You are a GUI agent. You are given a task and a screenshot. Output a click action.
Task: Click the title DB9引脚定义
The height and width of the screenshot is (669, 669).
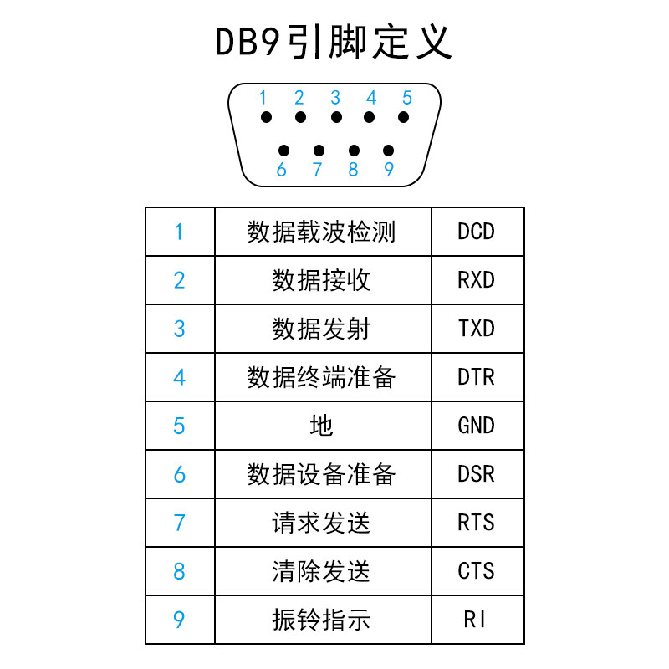(x=334, y=43)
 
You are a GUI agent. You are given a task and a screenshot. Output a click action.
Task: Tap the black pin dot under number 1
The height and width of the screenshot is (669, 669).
(x=265, y=118)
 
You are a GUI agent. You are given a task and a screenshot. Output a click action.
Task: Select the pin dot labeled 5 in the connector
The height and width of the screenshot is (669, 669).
(x=405, y=118)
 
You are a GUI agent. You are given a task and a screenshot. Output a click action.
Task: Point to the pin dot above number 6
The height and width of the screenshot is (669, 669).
(x=283, y=151)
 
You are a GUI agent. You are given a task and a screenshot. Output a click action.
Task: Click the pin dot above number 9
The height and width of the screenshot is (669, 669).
(x=388, y=151)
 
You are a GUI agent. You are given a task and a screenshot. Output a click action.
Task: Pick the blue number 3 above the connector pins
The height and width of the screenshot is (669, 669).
(x=335, y=98)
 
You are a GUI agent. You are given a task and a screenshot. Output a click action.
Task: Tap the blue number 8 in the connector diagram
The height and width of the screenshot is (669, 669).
(x=353, y=170)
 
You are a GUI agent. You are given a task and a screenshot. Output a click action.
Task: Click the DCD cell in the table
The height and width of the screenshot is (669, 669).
(x=477, y=232)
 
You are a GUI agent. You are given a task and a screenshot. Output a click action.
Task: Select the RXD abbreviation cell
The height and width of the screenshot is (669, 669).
(x=477, y=280)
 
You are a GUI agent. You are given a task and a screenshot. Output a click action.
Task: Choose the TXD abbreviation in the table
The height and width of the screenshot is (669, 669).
(x=477, y=329)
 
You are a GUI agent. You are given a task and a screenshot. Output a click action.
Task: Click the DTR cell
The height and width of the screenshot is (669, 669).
(x=477, y=377)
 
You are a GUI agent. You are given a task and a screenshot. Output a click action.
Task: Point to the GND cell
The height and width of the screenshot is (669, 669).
(x=477, y=426)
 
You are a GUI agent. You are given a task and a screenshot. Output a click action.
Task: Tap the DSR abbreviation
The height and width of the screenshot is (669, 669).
(x=477, y=474)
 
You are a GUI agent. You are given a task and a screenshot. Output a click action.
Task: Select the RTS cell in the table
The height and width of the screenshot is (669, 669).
(x=477, y=523)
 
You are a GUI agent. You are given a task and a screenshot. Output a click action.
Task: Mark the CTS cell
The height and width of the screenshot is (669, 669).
(x=477, y=571)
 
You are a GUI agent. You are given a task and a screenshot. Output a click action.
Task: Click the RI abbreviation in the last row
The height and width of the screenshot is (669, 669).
(x=477, y=620)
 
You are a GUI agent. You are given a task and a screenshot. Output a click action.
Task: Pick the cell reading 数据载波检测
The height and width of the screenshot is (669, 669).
(x=322, y=232)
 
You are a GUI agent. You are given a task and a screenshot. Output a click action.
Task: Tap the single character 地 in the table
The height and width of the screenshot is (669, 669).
(x=322, y=426)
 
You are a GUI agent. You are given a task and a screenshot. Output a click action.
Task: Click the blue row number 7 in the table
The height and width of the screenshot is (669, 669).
(x=179, y=523)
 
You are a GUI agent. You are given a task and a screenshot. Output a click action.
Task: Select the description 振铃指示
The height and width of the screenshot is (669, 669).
(x=322, y=620)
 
